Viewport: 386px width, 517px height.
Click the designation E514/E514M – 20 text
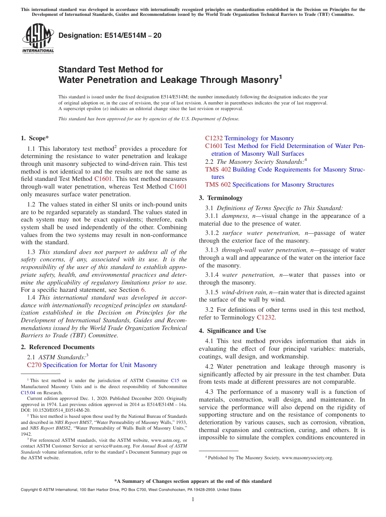(x=110, y=36)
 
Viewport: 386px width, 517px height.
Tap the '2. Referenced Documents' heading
(x=57, y=347)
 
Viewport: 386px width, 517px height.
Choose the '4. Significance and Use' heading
(x=232, y=331)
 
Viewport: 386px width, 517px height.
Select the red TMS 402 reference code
(x=218, y=169)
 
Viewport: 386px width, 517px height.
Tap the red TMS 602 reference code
(x=218, y=185)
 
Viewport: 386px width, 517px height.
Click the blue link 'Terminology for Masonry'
(x=259, y=138)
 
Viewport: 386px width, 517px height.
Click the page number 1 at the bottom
(x=193, y=499)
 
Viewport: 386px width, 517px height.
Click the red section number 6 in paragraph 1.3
(x=143, y=290)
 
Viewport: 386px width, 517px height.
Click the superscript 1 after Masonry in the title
(x=280, y=76)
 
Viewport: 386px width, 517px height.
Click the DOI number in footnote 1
(x=59, y=411)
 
